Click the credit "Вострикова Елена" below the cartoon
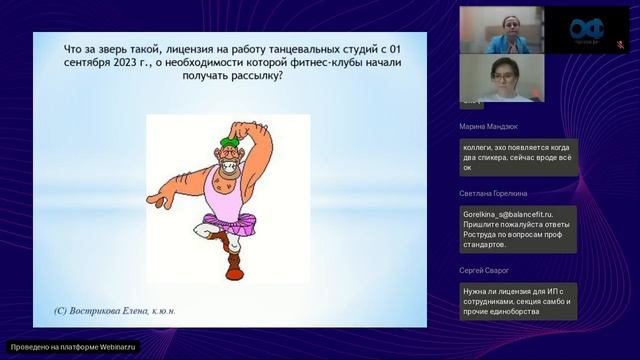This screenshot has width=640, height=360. click(x=112, y=311)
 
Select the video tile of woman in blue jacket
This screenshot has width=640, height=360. click(x=501, y=30)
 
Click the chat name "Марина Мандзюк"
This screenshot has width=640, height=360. click(x=488, y=127)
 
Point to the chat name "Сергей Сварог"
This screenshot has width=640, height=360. click(x=484, y=270)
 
